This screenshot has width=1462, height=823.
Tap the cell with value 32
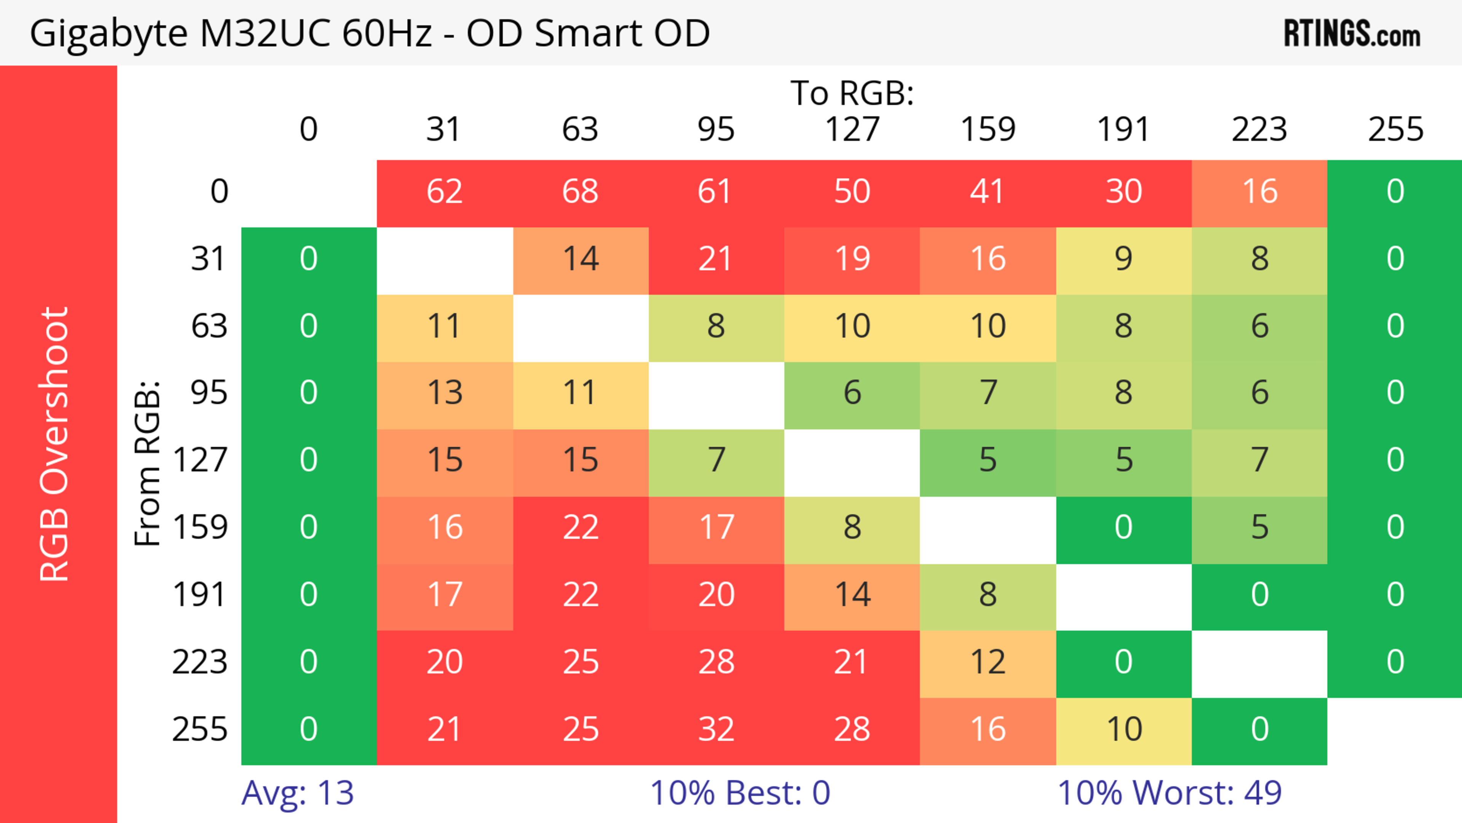(716, 729)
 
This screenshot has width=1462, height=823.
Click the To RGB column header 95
(716, 129)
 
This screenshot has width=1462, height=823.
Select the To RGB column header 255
(1395, 129)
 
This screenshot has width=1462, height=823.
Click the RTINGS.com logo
(1352, 34)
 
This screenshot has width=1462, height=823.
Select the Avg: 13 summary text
(297, 793)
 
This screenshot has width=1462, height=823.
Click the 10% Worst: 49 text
(1169, 793)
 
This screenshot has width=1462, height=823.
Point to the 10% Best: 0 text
(739, 793)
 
